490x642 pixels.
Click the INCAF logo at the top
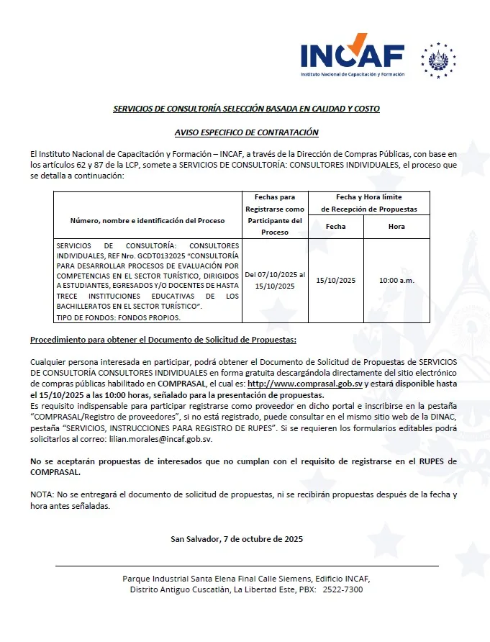352,55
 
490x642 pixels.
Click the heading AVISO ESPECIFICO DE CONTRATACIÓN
246,132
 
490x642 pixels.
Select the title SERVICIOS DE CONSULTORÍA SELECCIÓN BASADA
246,109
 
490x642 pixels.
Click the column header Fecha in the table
335,226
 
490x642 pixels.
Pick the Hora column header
396,226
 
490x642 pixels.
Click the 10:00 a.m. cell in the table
396,280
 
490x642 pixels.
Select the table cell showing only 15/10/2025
335,280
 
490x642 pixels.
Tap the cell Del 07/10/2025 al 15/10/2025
275,280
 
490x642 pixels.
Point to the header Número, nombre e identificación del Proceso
148,220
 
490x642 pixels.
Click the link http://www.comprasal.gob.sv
304,384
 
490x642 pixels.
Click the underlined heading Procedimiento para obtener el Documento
163,339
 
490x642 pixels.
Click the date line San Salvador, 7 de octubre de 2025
237,539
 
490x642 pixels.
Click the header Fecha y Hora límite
368,196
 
